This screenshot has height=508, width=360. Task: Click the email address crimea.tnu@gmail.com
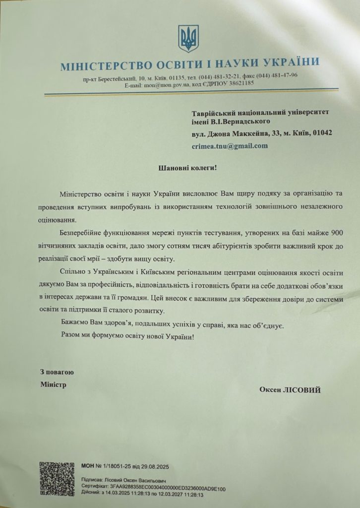click(230, 146)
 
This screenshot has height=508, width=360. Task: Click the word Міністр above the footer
click(53, 384)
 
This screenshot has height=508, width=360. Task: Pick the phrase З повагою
click(57, 372)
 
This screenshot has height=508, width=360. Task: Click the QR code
click(57, 479)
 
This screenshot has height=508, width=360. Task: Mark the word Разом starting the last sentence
click(71, 336)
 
